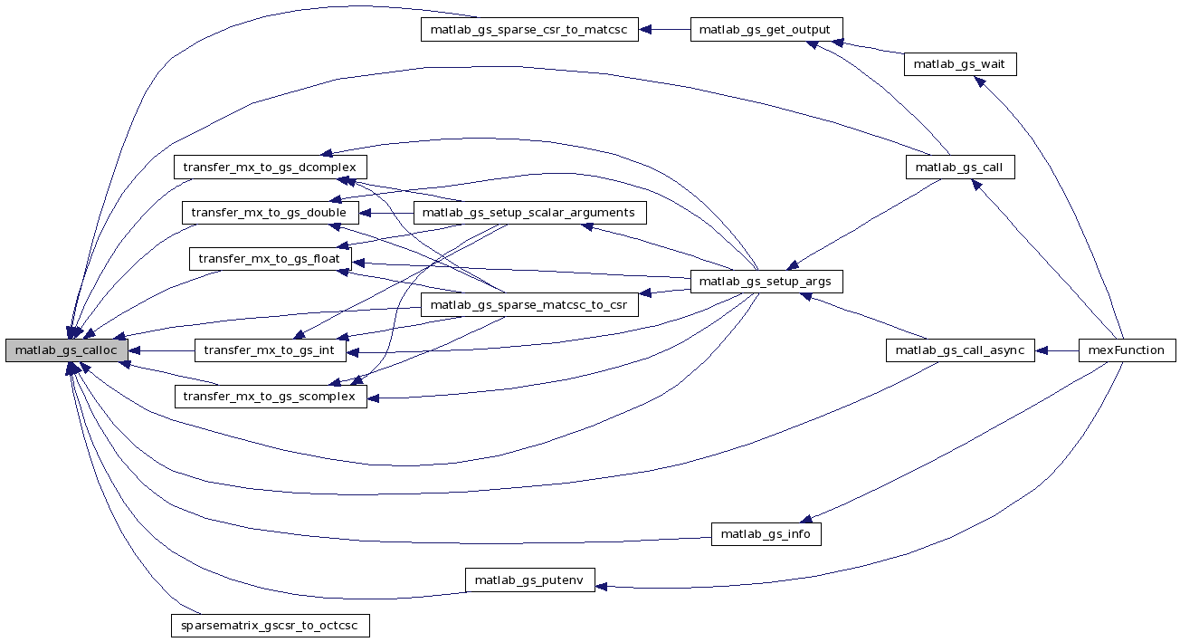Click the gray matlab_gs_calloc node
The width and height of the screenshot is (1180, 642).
click(66, 350)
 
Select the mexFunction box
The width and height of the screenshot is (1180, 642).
click(1127, 350)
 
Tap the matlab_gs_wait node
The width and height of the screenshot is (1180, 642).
click(960, 64)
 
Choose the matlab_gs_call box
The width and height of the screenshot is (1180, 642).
click(960, 168)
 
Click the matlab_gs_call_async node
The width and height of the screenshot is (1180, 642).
click(960, 350)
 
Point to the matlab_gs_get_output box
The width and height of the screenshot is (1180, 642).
click(766, 29)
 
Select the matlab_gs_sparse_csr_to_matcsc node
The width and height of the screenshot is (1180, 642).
click(529, 29)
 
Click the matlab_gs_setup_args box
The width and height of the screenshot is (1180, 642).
click(766, 282)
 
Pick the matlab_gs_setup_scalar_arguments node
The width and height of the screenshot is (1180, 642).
click(529, 214)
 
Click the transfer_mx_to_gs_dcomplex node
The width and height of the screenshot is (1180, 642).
click(270, 168)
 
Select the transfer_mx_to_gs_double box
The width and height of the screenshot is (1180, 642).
click(270, 214)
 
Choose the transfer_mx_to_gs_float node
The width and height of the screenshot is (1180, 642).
click(270, 259)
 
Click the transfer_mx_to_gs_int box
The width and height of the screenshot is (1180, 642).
click(270, 350)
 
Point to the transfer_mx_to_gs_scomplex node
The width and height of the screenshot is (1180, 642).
click(270, 397)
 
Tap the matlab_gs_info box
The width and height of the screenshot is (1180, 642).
click(766, 534)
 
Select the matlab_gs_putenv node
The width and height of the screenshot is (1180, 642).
click(529, 580)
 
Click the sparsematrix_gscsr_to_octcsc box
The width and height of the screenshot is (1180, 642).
click(270, 626)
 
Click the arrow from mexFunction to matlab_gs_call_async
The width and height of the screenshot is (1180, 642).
click(1056, 350)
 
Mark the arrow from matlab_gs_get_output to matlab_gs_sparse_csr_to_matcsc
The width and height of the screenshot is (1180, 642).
click(665, 29)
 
